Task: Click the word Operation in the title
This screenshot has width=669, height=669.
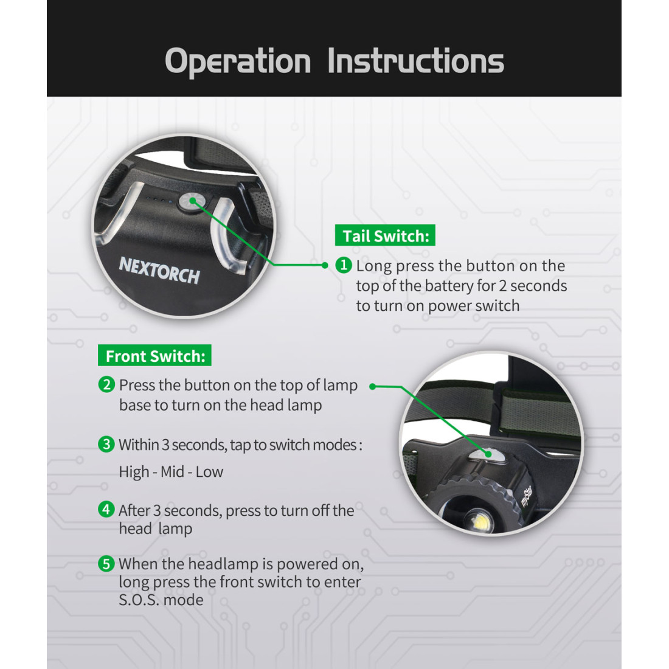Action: [238, 61]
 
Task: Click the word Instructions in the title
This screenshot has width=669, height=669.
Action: [415, 61]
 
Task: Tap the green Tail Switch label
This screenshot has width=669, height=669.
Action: [385, 235]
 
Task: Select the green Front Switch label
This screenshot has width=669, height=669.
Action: [154, 355]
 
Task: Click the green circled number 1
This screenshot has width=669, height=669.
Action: [344, 265]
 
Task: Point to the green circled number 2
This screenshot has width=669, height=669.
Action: [106, 384]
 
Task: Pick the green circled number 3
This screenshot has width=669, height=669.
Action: [106, 444]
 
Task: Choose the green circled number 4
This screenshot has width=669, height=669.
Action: [106, 509]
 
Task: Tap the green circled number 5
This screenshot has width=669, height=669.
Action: [106, 564]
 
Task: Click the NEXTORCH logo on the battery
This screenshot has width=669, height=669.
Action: [159, 270]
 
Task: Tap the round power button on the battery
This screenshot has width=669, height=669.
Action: [192, 201]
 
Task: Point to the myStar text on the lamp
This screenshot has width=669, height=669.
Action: [527, 496]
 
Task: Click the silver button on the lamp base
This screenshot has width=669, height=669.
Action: [487, 456]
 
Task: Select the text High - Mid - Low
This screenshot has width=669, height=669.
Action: [171, 472]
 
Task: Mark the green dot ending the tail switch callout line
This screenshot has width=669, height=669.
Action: [325, 265]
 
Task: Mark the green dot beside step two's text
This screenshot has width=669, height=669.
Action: [372, 387]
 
